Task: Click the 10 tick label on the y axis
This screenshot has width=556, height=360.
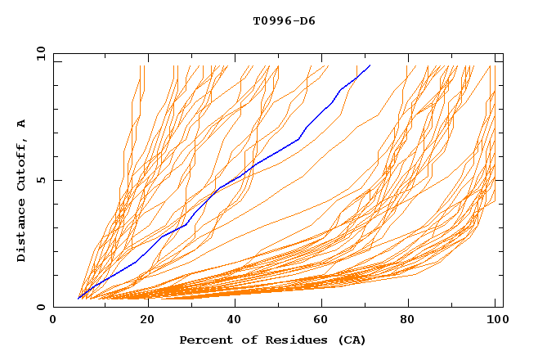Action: click(41, 52)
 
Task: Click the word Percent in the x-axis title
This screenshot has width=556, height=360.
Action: click(202, 340)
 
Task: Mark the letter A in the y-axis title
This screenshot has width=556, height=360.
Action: click(22, 123)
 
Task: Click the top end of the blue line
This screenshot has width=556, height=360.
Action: click(370, 65)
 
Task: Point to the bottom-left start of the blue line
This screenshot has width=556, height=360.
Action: click(78, 299)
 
